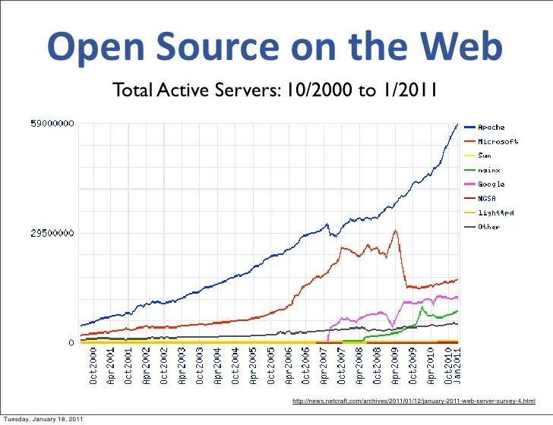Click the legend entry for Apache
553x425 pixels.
coord(490,127)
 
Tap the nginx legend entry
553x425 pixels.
coord(487,170)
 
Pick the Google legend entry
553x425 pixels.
coord(490,184)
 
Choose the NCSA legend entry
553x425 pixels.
coord(487,198)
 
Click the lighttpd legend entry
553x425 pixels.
coord(495,212)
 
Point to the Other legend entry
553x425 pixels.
coord(488,227)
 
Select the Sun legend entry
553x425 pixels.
coord(484,156)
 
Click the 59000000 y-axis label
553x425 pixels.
coord(52,123)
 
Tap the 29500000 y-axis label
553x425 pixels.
coord(52,233)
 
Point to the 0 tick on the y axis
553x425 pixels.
coord(71,343)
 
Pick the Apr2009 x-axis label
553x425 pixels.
coord(395,370)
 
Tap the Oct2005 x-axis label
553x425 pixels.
coord(270,370)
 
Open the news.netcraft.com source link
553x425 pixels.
coord(413,400)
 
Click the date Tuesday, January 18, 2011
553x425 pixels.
coord(43,419)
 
